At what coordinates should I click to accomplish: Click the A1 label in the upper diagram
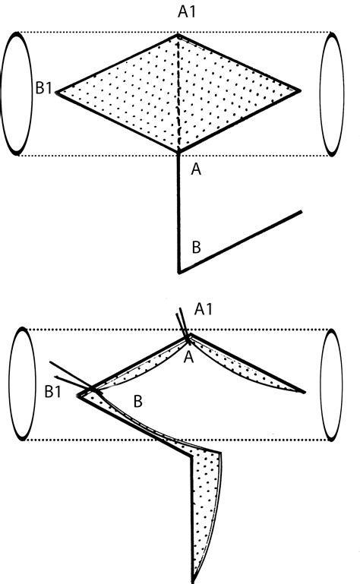186,12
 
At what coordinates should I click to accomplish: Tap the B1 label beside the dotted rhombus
43,88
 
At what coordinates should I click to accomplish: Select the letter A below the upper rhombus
196,169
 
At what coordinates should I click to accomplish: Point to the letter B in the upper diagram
197,247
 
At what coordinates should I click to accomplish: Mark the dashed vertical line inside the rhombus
180,93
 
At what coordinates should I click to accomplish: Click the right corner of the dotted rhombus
300,90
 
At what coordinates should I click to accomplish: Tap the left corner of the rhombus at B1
57,93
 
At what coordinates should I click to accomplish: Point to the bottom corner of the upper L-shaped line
179,273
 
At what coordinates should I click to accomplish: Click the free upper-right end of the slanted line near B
301,213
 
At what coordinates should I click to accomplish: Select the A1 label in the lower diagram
204,309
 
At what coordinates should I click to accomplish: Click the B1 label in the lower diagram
52,392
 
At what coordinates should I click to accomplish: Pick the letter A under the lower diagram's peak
189,357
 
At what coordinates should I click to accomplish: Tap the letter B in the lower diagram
138,401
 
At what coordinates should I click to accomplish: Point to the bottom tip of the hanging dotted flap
194,581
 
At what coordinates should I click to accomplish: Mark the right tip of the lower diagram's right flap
305,392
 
